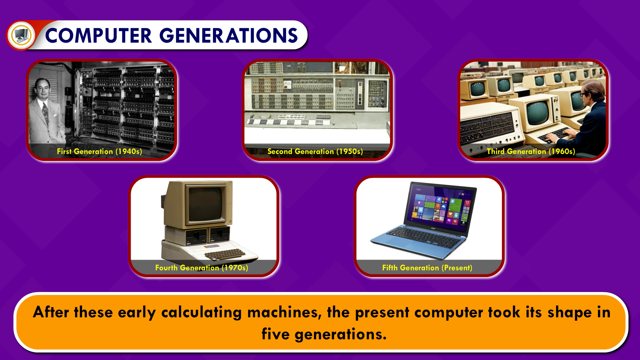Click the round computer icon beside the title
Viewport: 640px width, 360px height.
(x=21, y=35)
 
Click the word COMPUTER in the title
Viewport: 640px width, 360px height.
(x=98, y=36)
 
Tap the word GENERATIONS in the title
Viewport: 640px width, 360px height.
(x=229, y=36)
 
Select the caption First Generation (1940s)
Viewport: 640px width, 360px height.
(x=99, y=151)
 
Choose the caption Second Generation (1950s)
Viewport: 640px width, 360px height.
(x=315, y=151)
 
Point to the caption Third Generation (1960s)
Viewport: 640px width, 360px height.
(x=531, y=151)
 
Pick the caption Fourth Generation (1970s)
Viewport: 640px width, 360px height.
(x=202, y=268)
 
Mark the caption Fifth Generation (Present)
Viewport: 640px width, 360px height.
(x=427, y=268)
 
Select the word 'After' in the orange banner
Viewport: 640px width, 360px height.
(x=51, y=312)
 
